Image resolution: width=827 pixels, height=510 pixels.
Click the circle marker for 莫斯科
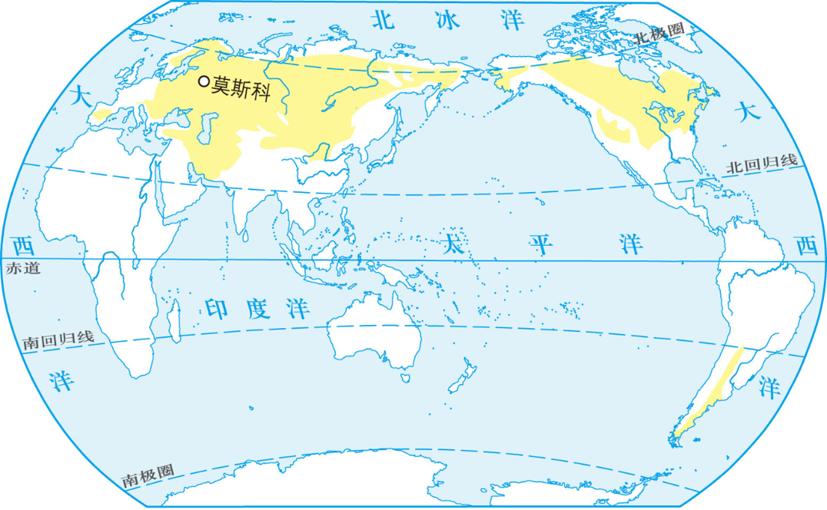point(204,81)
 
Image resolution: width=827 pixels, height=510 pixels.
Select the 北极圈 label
point(659,35)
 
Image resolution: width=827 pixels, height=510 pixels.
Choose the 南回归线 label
point(58,339)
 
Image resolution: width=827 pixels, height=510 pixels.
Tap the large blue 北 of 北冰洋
point(384,19)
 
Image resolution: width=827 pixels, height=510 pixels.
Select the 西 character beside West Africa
point(23,247)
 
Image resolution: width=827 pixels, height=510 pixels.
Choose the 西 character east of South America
point(805,247)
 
